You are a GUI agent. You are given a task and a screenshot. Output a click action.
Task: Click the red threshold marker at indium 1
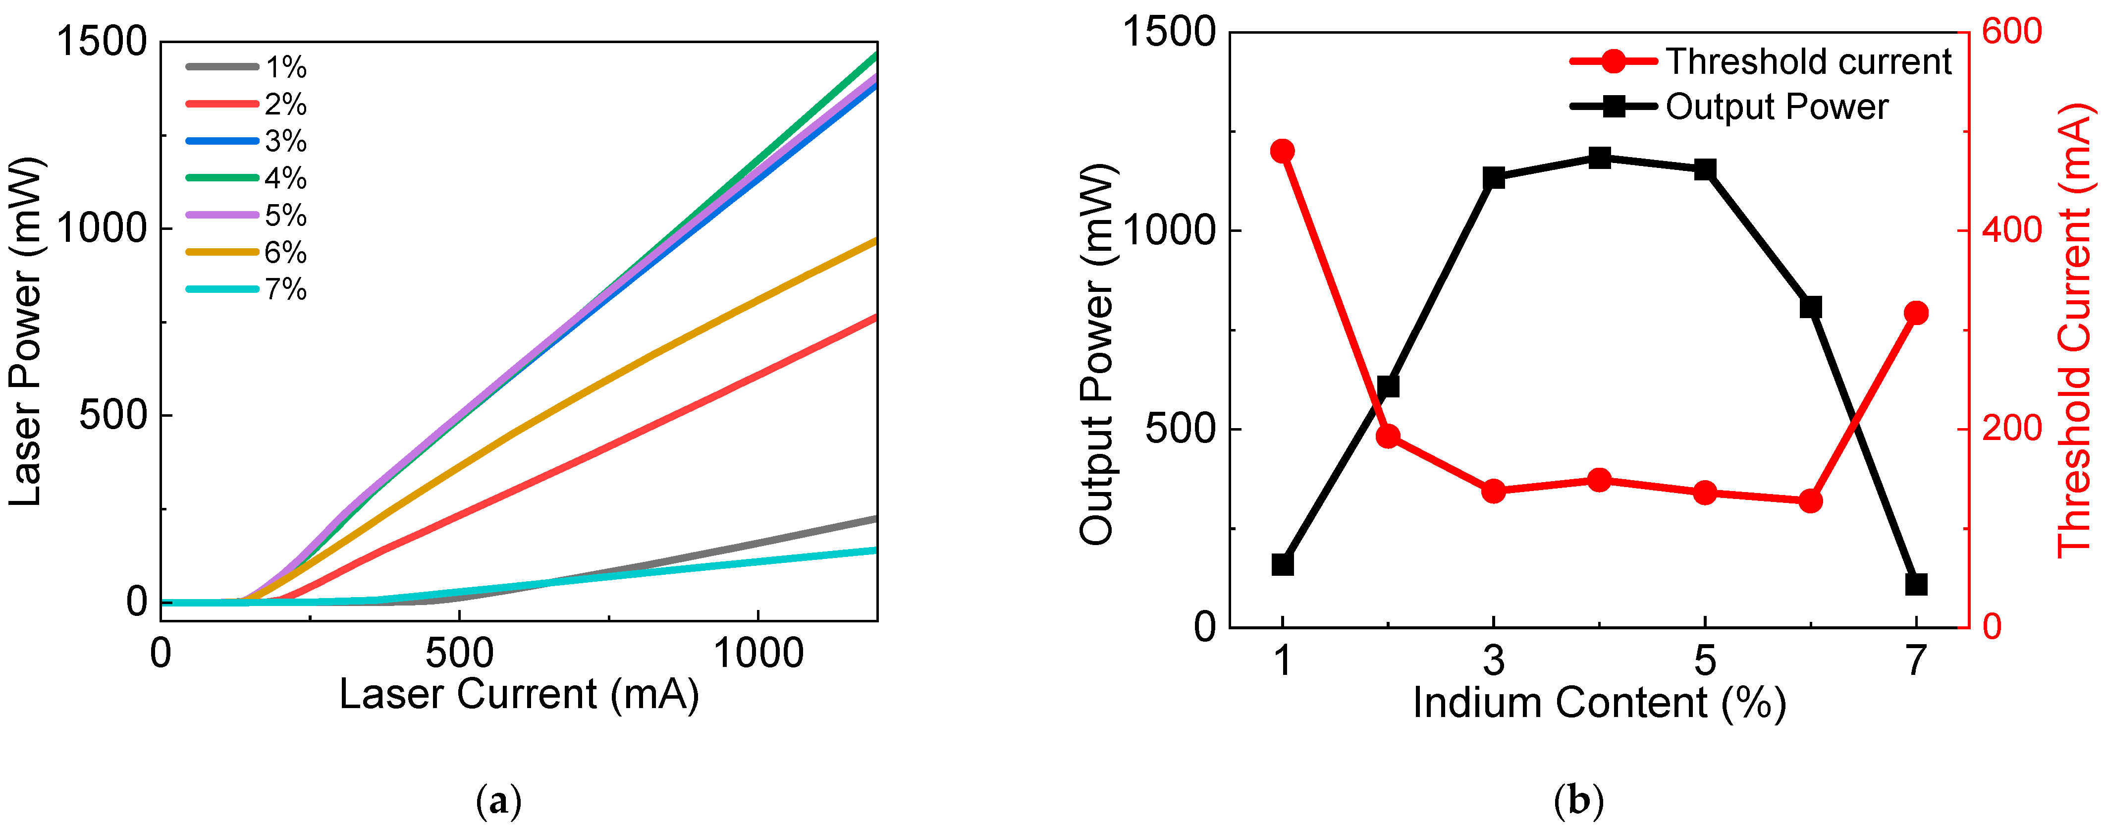(x=1282, y=151)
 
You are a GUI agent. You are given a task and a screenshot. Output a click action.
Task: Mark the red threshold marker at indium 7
(x=1915, y=313)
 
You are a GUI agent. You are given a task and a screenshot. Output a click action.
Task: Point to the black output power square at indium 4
(x=1599, y=158)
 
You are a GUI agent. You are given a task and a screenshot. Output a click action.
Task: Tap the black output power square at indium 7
(x=1915, y=584)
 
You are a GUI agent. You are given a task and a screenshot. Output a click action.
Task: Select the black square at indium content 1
(x=1282, y=565)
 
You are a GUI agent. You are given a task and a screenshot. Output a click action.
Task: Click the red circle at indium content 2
(x=1388, y=437)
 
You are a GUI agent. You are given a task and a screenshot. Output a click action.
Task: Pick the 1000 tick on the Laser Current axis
(x=758, y=654)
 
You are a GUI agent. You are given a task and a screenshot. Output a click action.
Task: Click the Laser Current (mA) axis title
(x=519, y=695)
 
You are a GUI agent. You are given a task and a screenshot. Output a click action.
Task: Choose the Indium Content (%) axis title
(x=1599, y=703)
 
